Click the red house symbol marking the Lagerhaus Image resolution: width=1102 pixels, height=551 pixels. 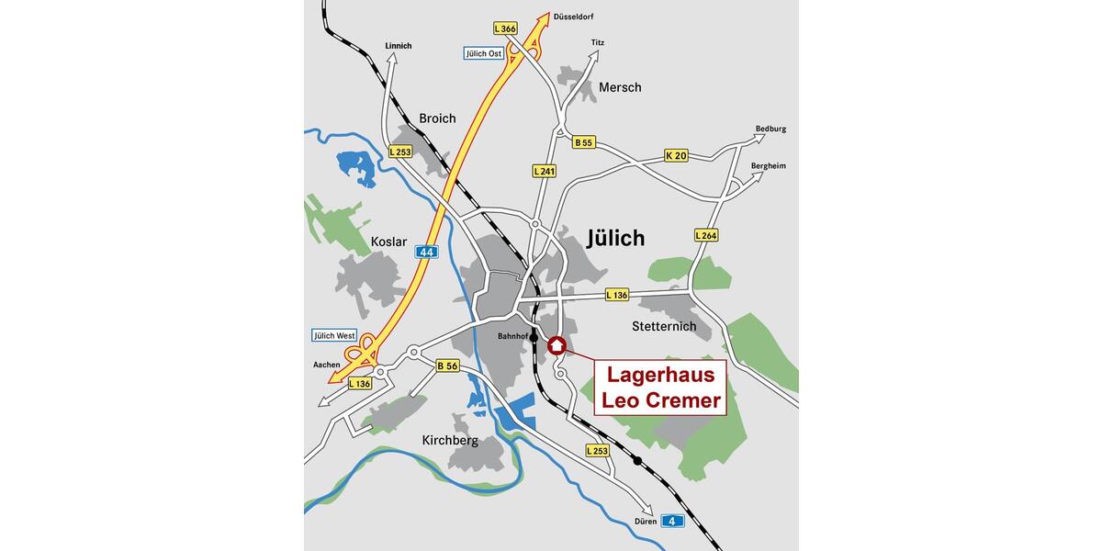[x=557, y=345]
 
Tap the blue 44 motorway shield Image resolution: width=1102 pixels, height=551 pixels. [x=425, y=252]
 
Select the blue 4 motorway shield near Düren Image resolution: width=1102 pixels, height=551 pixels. [x=673, y=521]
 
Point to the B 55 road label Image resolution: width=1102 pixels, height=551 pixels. [x=583, y=142]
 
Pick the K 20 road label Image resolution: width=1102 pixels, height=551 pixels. [x=676, y=156]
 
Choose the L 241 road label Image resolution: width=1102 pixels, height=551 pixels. [x=545, y=171]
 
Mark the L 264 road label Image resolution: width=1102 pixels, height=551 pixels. [x=705, y=235]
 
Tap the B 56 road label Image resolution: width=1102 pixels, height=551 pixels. [x=447, y=365]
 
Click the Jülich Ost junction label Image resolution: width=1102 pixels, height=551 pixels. [x=483, y=53]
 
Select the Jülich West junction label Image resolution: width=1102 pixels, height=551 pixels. [x=334, y=335]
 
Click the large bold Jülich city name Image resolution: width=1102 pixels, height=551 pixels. [x=615, y=239]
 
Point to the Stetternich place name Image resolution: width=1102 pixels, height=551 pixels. [x=664, y=326]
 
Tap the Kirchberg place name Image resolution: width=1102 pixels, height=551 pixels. [x=450, y=440]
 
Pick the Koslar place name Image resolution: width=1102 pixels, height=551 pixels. [x=388, y=242]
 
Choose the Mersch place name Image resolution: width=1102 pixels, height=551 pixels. [x=620, y=87]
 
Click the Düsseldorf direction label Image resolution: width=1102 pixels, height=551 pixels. [x=574, y=17]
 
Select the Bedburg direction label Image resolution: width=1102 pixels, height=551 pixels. [x=770, y=129]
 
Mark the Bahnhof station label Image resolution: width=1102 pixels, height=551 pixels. [x=512, y=336]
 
